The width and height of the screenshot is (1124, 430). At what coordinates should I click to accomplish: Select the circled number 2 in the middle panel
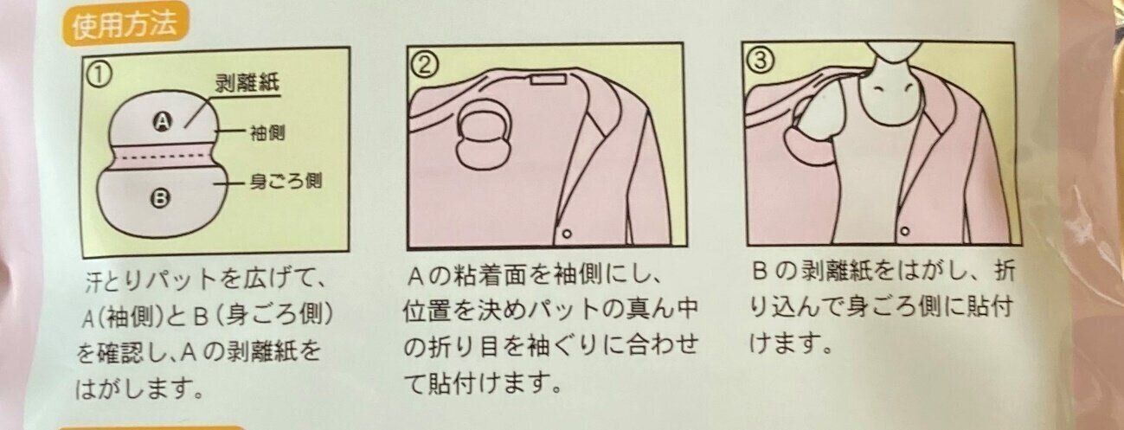pyautogui.click(x=425, y=65)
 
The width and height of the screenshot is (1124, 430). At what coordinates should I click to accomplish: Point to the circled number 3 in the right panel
pyautogui.click(x=761, y=61)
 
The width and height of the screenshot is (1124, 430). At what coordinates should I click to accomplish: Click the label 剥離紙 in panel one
pyautogui.click(x=247, y=83)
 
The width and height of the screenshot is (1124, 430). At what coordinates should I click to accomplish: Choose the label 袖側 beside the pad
pyautogui.click(x=267, y=133)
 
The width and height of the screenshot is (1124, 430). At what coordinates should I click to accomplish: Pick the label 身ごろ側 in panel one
pyautogui.click(x=286, y=181)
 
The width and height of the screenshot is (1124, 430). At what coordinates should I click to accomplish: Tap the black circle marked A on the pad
pyautogui.click(x=163, y=121)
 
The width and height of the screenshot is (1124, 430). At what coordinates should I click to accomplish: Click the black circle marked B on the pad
pyautogui.click(x=160, y=200)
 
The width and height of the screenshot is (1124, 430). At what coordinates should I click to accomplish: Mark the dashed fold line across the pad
pyautogui.click(x=163, y=157)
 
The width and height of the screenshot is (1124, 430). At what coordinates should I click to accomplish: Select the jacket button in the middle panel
pyautogui.click(x=567, y=234)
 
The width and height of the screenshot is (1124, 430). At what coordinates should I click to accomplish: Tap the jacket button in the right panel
pyautogui.click(x=905, y=231)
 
